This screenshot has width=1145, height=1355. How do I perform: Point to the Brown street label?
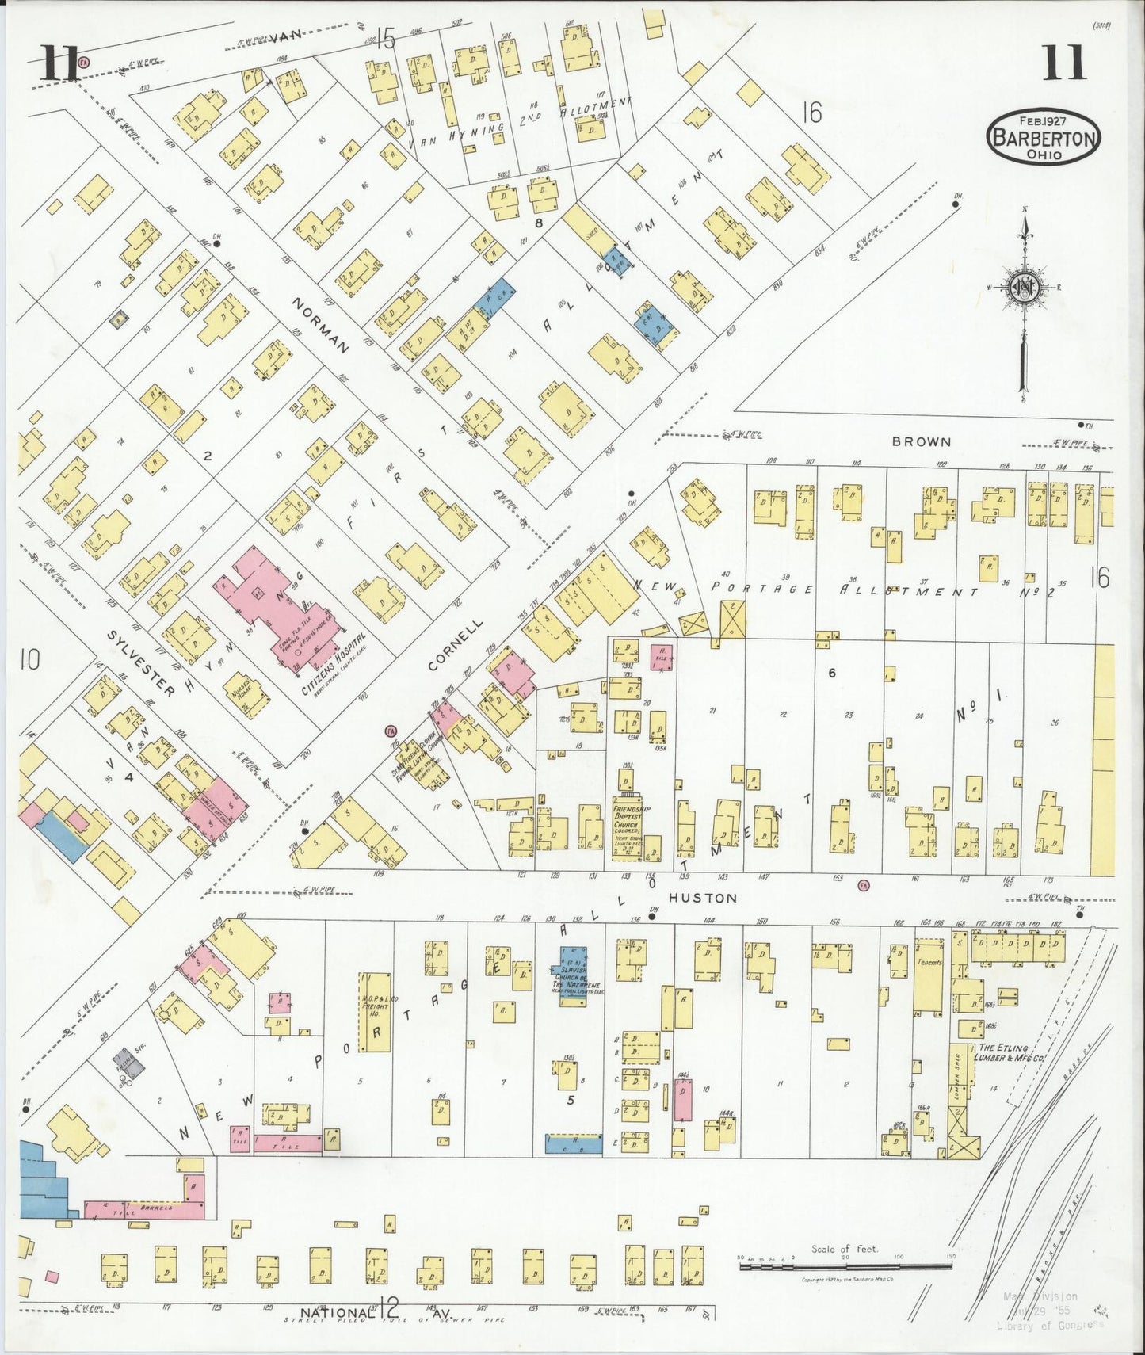pos(921,441)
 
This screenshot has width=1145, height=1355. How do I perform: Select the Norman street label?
pos(321,325)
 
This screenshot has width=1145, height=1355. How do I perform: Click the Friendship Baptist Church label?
pos(632,822)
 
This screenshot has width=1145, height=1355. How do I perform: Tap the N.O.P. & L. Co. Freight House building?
pos(376,1012)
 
